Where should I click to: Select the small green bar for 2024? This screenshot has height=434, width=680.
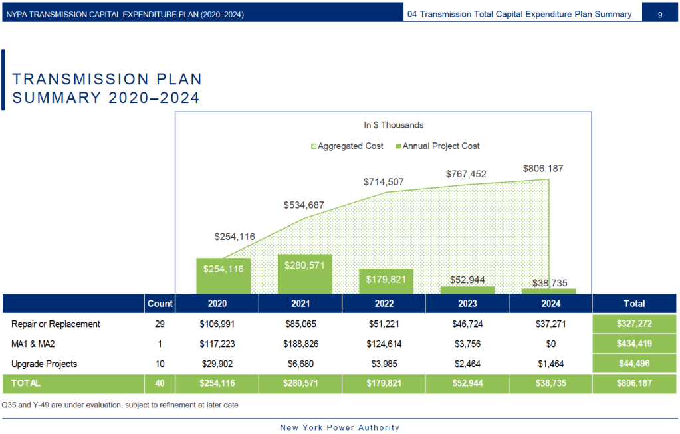(549, 291)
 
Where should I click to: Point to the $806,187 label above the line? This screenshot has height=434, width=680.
(542, 169)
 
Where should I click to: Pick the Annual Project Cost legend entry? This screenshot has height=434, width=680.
(437, 146)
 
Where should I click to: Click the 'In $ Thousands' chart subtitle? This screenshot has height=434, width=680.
(394, 125)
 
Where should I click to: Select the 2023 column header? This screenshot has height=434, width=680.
(467, 303)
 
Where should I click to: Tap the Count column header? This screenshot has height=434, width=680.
(160, 303)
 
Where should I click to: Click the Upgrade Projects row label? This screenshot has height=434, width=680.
(44, 364)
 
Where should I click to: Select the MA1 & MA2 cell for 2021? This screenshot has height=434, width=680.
(300, 344)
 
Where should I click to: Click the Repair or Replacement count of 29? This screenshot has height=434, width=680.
(160, 324)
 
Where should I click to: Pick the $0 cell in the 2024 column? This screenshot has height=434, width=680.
(550, 344)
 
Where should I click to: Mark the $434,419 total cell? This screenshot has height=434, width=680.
(634, 344)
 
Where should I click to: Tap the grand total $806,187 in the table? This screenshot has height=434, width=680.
(634, 383)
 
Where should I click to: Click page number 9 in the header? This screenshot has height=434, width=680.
(659, 14)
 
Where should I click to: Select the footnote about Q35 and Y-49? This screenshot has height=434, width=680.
(120, 405)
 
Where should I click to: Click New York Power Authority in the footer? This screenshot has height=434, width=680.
(340, 427)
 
